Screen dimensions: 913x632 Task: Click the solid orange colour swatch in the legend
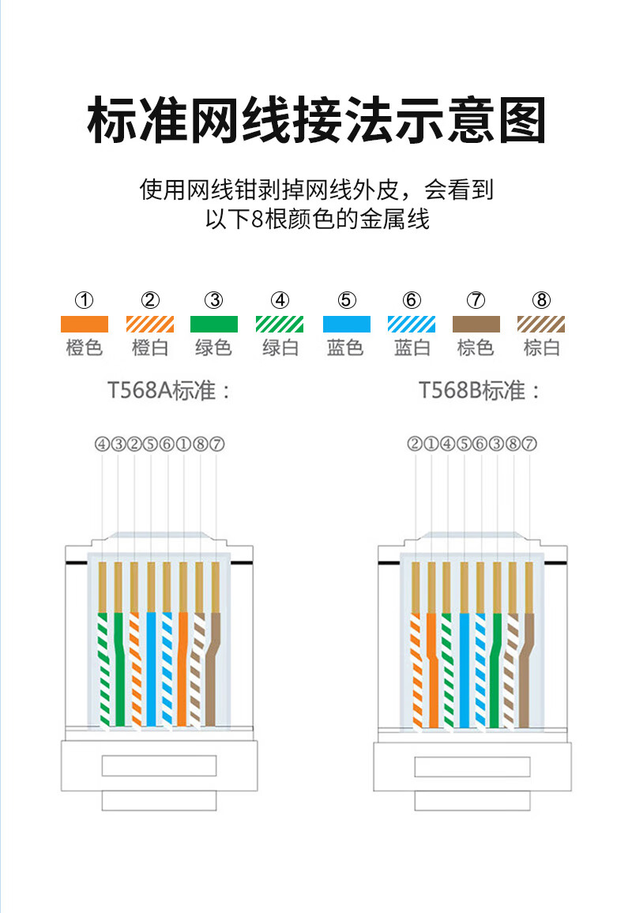[85, 323]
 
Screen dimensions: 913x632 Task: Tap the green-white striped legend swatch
[280, 323]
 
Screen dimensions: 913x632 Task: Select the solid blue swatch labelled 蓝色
[346, 323]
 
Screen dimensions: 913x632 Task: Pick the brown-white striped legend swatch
[541, 323]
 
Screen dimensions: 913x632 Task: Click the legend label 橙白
[150, 348]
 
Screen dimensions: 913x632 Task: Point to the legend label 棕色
[476, 348]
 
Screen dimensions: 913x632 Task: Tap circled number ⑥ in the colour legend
[411, 300]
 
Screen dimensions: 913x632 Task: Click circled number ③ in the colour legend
[214, 300]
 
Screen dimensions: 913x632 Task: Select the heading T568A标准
[169, 390]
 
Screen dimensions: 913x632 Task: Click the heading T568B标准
[480, 390]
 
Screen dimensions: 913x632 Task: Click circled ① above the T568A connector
[183, 444]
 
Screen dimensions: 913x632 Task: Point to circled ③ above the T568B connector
[497, 444]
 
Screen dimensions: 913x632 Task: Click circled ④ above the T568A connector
[102, 444]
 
